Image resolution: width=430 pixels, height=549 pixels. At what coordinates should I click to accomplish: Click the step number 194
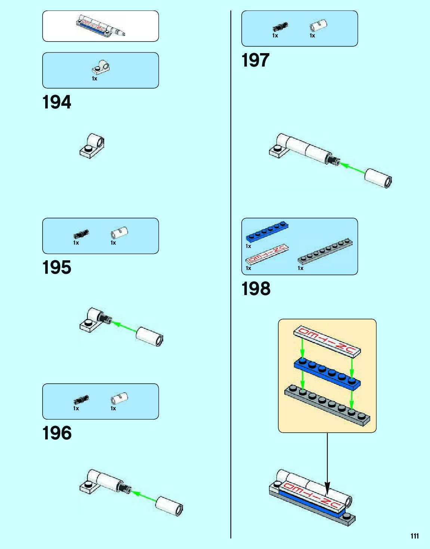(57, 102)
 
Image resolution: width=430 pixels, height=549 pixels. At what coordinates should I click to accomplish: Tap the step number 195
(57, 267)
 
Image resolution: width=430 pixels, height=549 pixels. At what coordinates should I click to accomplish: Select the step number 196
(57, 433)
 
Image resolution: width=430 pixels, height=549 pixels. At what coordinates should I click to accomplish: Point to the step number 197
(256, 60)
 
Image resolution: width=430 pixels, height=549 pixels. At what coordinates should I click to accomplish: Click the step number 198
(256, 289)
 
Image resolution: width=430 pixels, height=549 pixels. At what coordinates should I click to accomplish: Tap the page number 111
(414, 536)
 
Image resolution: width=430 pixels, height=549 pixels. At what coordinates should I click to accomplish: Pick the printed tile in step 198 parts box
(267, 254)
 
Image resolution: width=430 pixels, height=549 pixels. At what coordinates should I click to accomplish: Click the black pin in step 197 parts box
(280, 27)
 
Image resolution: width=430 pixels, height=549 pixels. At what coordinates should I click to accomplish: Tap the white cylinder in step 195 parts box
(120, 233)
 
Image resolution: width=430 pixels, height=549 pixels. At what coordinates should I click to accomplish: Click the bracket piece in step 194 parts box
(100, 67)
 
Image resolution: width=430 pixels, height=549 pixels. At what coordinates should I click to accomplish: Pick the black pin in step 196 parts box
(81, 399)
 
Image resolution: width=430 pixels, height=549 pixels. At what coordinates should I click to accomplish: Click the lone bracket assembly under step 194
(92, 147)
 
